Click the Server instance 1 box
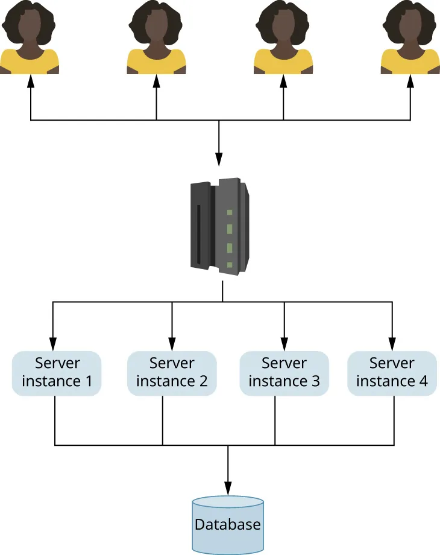click(57, 373)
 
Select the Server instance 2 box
click(172, 373)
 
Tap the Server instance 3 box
click(284, 373)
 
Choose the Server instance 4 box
click(392, 373)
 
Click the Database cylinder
click(228, 524)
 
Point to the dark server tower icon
click(219, 227)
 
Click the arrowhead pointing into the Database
click(228, 490)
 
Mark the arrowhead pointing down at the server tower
click(218, 161)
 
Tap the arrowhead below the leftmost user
click(30, 80)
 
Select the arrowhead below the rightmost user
click(410, 80)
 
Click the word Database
click(228, 524)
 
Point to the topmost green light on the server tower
click(229, 212)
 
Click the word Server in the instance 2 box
click(172, 363)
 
